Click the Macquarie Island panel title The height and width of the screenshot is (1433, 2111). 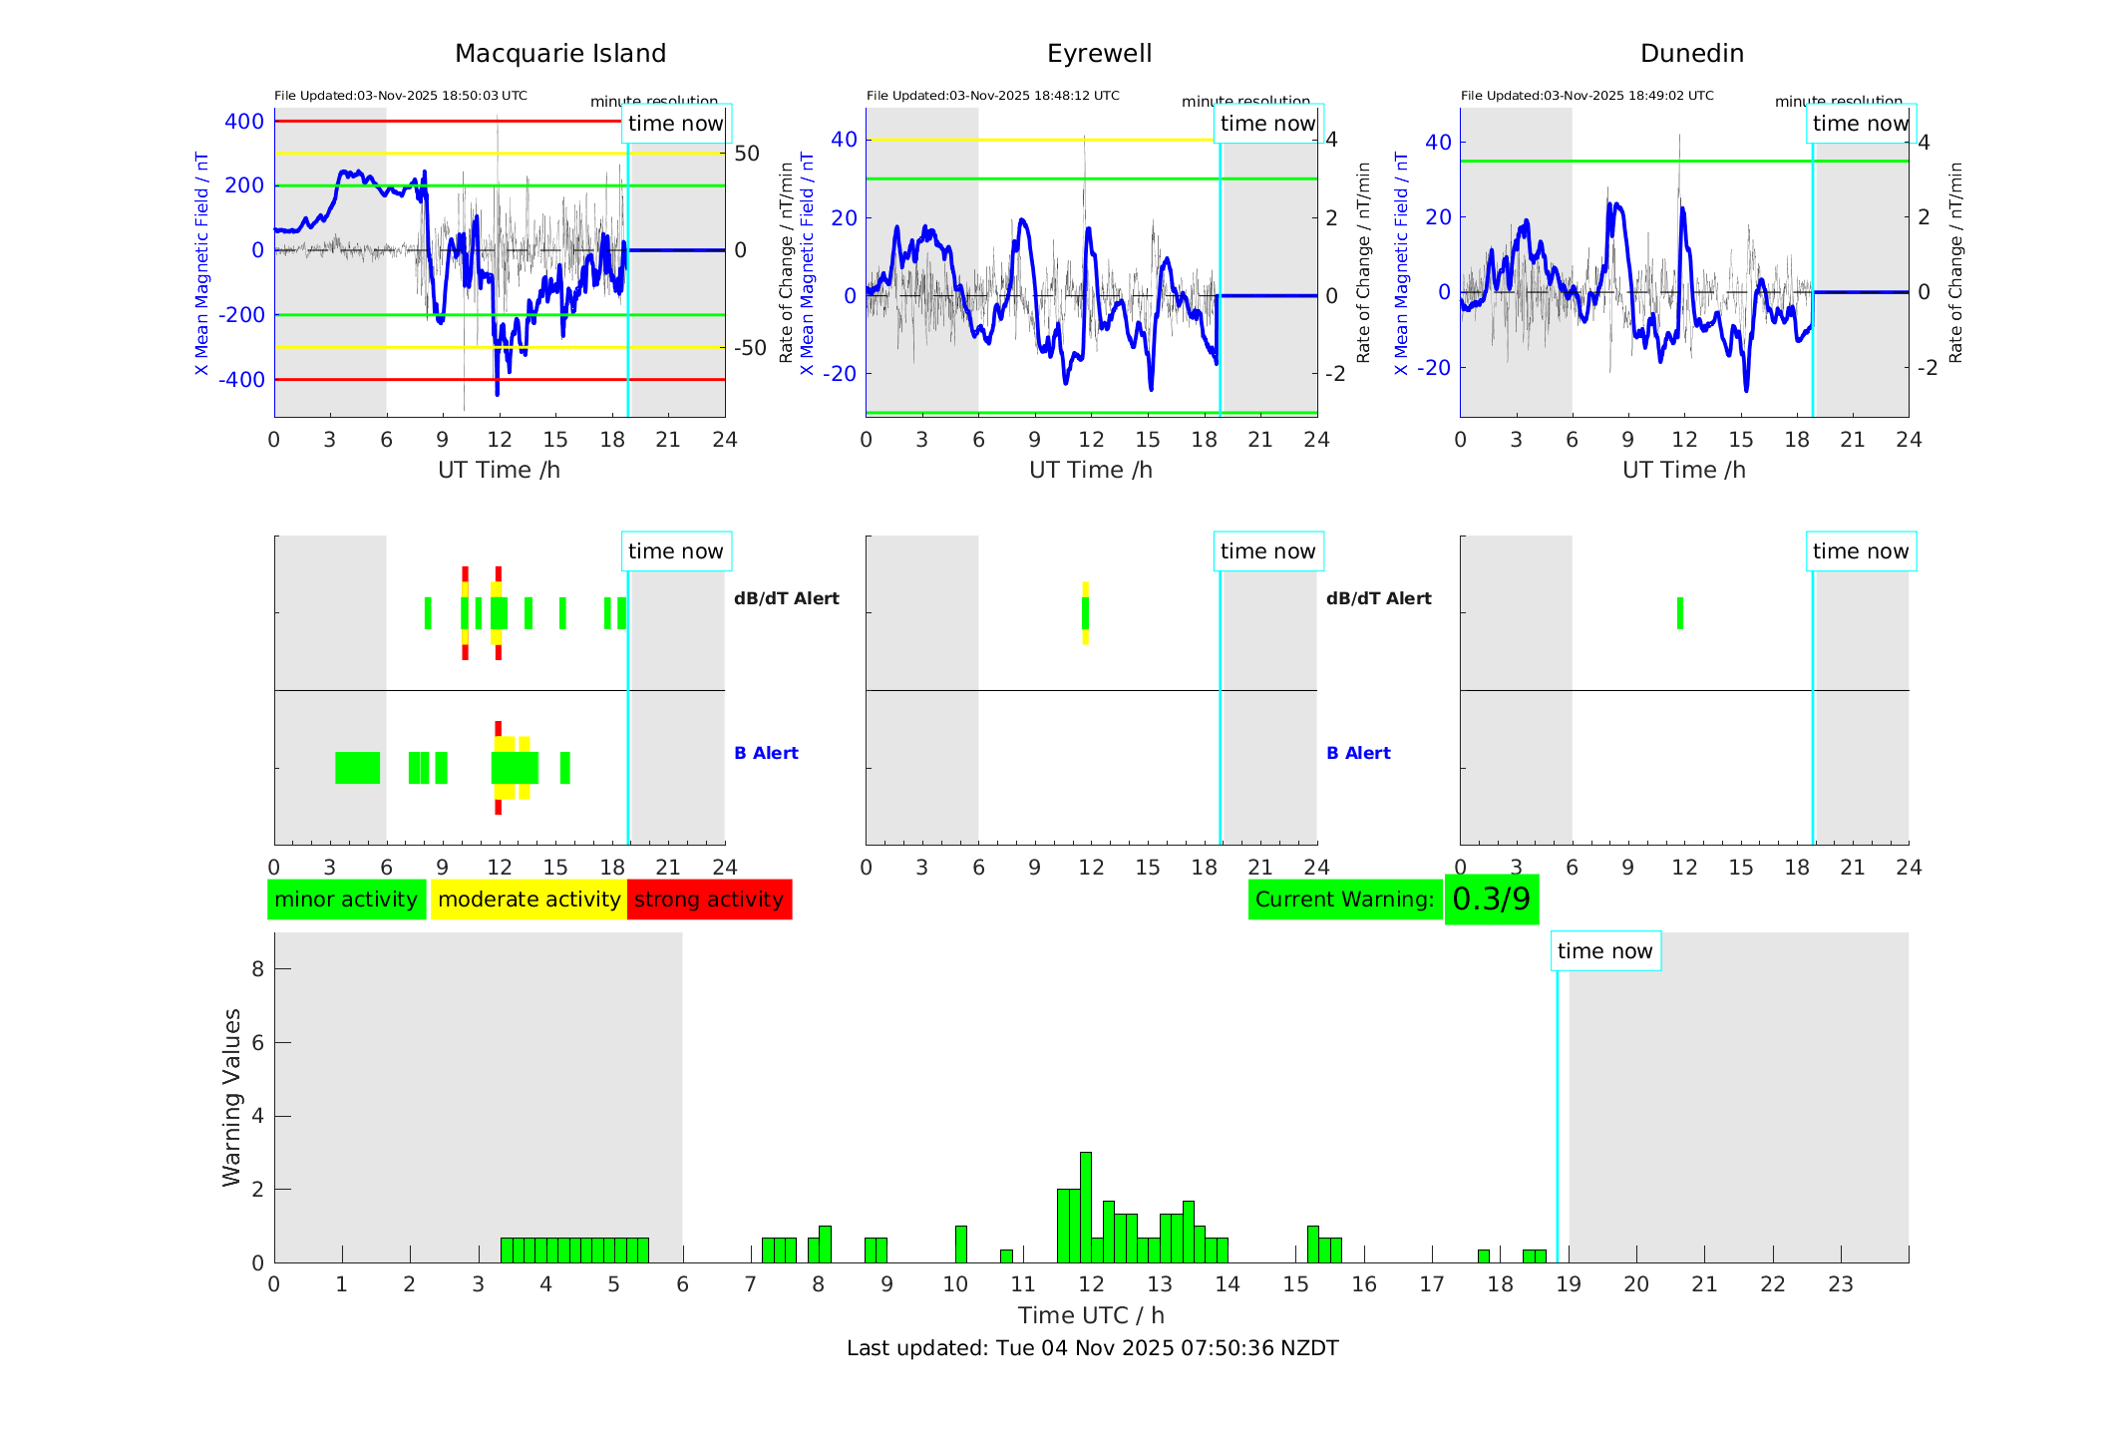[559, 53]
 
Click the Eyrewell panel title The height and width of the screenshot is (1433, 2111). [1099, 53]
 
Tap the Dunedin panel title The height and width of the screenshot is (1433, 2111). [1691, 53]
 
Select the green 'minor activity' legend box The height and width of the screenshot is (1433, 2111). [346, 898]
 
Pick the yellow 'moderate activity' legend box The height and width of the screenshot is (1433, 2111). [528, 898]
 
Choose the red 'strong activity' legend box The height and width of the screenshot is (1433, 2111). [709, 898]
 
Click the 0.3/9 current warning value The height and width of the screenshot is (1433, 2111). [1491, 898]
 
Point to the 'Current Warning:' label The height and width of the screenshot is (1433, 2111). [1344, 898]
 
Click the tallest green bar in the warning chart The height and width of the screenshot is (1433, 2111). [1085, 1207]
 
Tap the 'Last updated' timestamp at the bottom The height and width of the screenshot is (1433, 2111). [1092, 1348]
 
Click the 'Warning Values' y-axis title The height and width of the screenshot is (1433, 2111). [231, 1097]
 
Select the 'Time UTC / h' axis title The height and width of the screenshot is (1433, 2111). [1091, 1315]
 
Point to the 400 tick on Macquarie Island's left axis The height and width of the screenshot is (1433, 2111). [244, 122]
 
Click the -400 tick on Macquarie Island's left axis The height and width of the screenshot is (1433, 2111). [241, 380]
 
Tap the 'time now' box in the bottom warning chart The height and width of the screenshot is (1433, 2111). [1604, 950]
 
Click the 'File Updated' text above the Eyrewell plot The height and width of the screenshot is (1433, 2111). [992, 96]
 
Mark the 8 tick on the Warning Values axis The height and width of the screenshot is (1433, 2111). [258, 968]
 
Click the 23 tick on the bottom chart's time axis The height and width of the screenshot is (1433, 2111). [1840, 1284]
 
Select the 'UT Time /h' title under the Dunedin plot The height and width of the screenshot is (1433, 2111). [1683, 470]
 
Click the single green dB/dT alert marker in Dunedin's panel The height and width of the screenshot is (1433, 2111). [1679, 613]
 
